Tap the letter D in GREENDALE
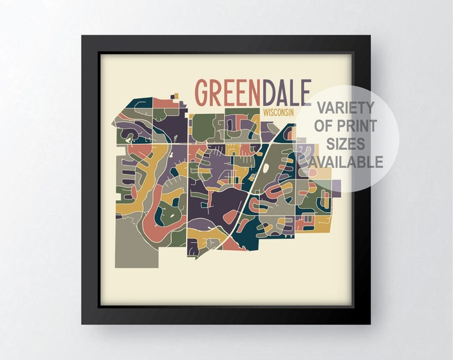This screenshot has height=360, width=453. click(268, 93)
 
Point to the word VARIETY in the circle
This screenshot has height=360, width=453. click(346, 107)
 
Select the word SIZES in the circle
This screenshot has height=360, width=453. click(346, 143)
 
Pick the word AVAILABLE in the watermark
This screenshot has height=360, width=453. click(346, 161)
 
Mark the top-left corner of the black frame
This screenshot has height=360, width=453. click(82, 35)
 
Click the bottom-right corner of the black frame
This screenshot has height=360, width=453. click(370, 325)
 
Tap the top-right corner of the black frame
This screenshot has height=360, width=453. click(370, 35)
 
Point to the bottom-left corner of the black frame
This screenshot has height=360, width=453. click(82, 325)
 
